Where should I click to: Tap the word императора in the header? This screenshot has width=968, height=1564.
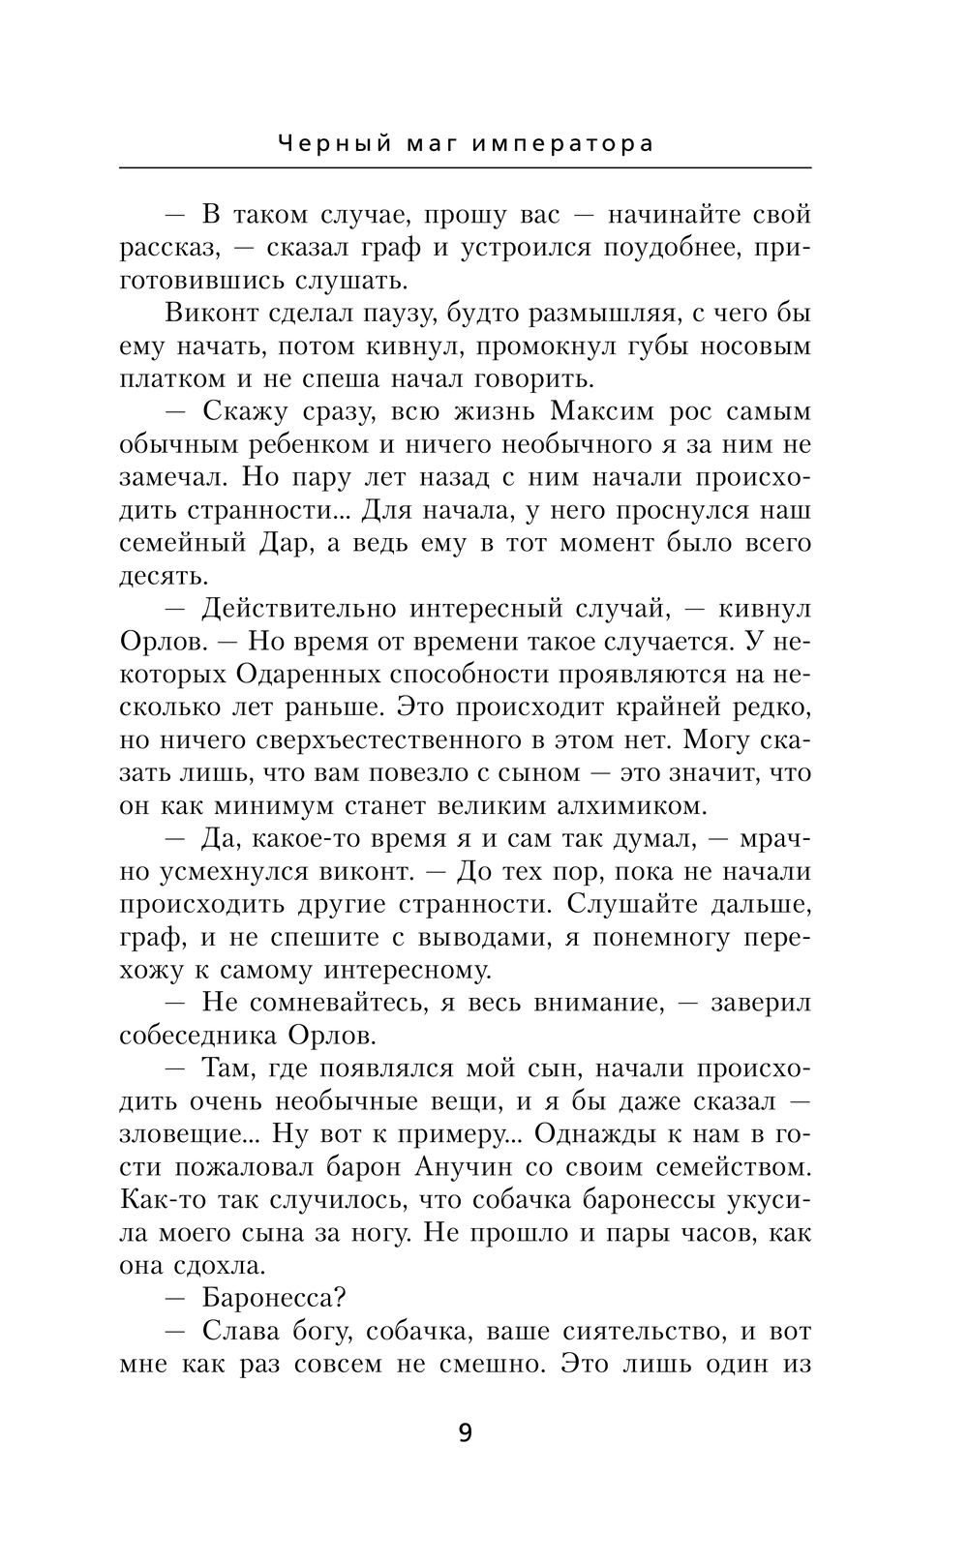tap(563, 144)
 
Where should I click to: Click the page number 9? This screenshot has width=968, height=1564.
tap(465, 1432)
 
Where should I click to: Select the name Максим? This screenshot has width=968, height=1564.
tap(604, 411)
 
